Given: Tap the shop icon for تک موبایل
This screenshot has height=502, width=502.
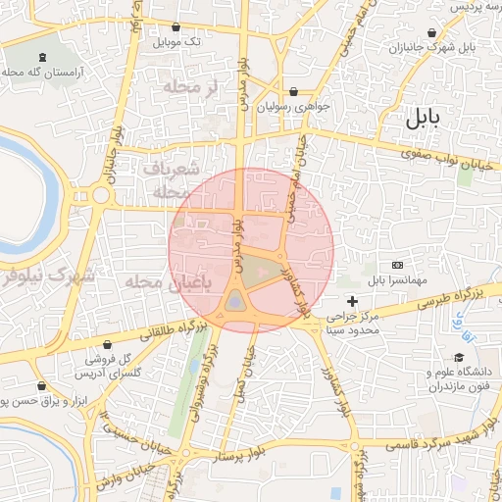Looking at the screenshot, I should coord(176,27).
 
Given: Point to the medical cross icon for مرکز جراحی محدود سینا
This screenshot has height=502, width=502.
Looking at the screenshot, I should coord(352,300).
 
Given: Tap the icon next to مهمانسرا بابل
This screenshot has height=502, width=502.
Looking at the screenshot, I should coord(396,265).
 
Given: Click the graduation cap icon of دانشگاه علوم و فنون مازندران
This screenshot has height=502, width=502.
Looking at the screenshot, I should coord(457,359).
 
